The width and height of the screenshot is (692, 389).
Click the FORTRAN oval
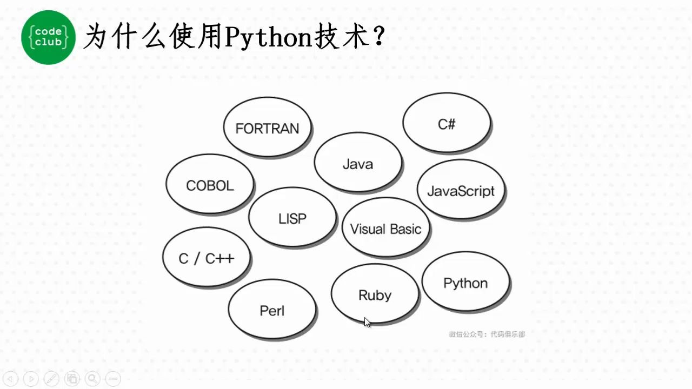point(267,128)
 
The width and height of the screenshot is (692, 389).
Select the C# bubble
point(447,124)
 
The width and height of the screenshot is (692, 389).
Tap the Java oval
point(358,163)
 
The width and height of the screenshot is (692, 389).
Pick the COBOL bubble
point(210,185)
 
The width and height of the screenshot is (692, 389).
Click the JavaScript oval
point(461,190)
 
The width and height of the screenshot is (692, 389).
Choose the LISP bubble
point(292,218)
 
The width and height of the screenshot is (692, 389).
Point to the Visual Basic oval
point(385,228)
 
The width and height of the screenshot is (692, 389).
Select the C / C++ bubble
point(207,258)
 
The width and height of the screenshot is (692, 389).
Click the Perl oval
point(272,310)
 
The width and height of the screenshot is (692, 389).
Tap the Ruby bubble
point(375,294)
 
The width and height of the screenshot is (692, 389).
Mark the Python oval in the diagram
point(465,283)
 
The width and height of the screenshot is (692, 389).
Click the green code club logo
point(48,37)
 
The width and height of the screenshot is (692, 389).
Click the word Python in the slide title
point(267,38)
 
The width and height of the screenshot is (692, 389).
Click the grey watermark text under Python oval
point(487,334)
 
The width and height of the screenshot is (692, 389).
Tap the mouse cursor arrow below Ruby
point(367,322)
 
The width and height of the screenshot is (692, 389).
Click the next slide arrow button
point(31,379)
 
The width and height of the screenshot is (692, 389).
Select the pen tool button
point(51,379)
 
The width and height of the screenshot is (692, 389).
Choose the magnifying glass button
point(92,379)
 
